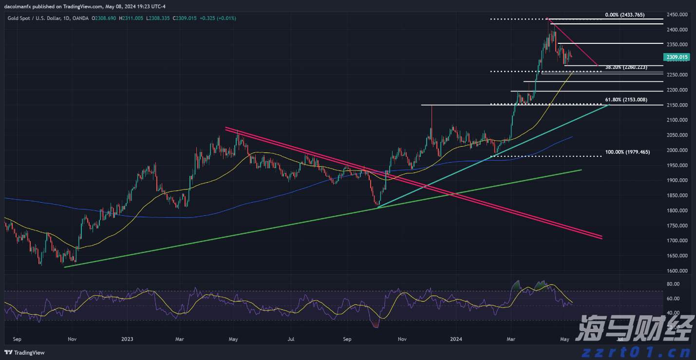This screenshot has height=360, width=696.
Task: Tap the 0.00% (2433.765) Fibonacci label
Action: (624, 15)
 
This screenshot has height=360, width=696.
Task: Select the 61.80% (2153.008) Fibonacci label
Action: (626, 100)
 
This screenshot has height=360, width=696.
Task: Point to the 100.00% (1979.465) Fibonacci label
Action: (627, 152)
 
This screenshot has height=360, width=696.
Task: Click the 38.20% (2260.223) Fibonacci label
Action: (626, 67)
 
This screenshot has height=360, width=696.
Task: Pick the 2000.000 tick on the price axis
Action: (677, 150)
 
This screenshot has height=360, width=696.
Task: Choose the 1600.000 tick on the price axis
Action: (677, 271)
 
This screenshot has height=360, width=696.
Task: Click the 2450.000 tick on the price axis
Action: (677, 15)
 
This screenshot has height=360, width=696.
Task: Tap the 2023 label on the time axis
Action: (127, 338)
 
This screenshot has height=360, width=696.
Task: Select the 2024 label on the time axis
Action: (456, 338)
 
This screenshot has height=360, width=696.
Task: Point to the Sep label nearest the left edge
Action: (18, 338)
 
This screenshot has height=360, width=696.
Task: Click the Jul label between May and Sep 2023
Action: (291, 338)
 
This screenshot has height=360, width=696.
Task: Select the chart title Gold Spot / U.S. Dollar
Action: (35, 18)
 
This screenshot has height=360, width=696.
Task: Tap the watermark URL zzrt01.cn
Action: (633, 351)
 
